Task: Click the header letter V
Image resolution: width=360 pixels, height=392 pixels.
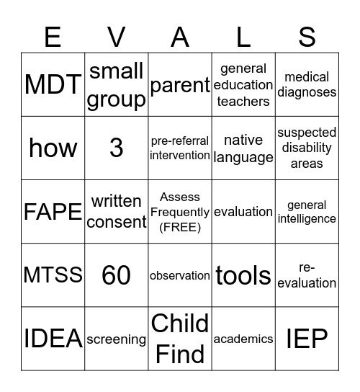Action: pyautogui.click(x=117, y=36)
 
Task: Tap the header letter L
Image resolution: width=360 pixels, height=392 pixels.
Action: pyautogui.click(x=243, y=36)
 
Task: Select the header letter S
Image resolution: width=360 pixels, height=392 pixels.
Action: pyautogui.click(x=307, y=36)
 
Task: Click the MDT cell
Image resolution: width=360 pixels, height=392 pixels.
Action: pyautogui.click(x=53, y=85)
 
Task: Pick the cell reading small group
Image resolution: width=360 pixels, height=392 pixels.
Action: pyautogui.click(x=117, y=85)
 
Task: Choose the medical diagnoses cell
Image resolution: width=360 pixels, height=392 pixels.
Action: pyautogui.click(x=307, y=85)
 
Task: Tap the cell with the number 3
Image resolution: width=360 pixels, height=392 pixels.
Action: pyautogui.click(x=117, y=148)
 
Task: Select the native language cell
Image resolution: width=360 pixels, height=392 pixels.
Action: pyautogui.click(x=243, y=148)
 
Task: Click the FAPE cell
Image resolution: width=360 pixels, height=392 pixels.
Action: pyautogui.click(x=53, y=212)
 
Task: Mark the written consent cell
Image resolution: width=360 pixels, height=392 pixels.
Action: pyautogui.click(x=117, y=212)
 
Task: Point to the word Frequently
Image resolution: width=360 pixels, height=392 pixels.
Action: pyautogui.click(x=180, y=212)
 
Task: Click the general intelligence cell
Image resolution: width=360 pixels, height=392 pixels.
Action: pyautogui.click(x=307, y=212)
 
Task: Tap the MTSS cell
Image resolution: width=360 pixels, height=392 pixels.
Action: pyautogui.click(x=53, y=275)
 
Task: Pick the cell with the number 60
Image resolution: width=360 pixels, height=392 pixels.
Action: pyautogui.click(x=117, y=275)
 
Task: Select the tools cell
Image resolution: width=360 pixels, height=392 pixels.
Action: pyautogui.click(x=243, y=275)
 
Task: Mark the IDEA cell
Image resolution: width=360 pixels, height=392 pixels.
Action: pyautogui.click(x=53, y=339)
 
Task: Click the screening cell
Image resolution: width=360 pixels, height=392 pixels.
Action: pyautogui.click(x=117, y=339)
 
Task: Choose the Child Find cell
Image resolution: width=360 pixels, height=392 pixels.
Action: pyautogui.click(x=180, y=339)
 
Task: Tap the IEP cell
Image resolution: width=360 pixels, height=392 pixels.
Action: pyautogui.click(x=307, y=339)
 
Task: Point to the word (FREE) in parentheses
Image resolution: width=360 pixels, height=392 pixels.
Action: pyautogui.click(x=180, y=227)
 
